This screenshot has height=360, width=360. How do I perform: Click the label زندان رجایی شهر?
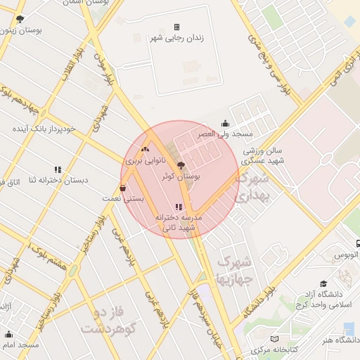pos(176,39)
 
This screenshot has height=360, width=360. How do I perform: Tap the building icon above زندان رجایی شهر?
pos(176,27)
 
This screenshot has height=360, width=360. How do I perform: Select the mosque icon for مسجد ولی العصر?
pos(224,122)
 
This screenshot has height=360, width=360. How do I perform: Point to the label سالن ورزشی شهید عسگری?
pos(263,155)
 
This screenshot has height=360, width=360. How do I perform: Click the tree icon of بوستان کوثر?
pos(182,166)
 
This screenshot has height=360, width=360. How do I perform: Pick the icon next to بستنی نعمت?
pos(124,188)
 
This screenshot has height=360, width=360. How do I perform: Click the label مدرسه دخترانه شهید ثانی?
pos(178,223)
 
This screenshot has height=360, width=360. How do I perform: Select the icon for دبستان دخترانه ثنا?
pos(58,169)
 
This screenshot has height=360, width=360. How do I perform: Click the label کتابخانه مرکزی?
pos(284,349)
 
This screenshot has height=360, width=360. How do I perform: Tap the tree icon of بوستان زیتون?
pos(19,20)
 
